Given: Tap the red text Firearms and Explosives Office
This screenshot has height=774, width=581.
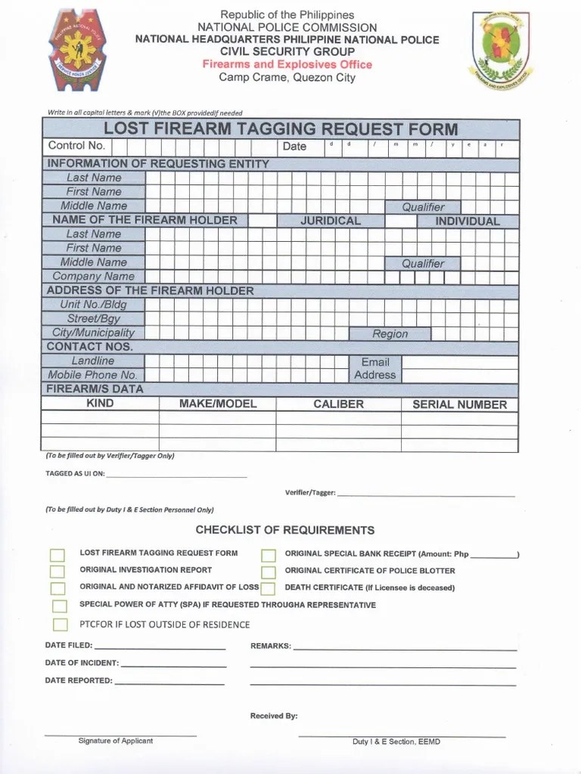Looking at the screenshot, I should click(287, 65).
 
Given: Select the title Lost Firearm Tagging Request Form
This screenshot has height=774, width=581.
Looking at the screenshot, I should click(281, 128).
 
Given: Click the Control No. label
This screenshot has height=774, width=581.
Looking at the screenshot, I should click(76, 146).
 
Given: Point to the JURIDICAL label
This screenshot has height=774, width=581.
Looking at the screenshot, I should click(331, 221).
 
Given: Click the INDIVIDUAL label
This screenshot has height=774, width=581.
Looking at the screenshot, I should click(467, 221).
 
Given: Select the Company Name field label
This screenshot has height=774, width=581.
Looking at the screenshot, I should click(93, 277).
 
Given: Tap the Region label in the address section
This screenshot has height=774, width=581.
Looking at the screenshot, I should click(390, 333).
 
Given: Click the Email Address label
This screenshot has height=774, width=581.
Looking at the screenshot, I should click(374, 368).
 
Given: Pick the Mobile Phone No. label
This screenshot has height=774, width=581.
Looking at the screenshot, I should click(93, 375).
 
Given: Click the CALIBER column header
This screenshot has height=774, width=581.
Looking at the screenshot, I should click(338, 404).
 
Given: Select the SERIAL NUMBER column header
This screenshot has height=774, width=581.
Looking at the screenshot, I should click(459, 404).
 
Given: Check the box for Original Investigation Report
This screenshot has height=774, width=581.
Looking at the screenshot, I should click(57, 571).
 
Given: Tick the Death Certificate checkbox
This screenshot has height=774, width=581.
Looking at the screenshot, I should click(269, 588).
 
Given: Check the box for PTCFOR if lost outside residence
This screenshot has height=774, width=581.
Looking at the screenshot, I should click(61, 624).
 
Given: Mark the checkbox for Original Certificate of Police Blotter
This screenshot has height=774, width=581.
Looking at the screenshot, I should click(269, 571).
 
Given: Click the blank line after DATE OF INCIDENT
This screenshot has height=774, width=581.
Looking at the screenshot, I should click(173, 664).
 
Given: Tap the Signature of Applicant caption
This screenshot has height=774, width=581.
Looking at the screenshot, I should click(115, 741).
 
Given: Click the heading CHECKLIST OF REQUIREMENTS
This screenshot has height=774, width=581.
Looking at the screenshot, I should click(284, 530).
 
